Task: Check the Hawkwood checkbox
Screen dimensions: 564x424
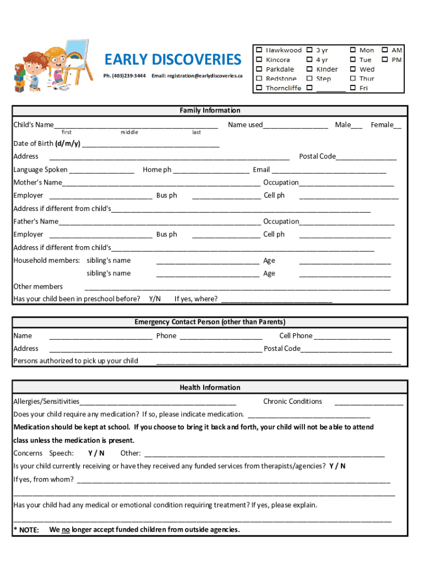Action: tap(258, 50)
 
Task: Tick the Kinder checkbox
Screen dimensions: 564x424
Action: tap(309, 69)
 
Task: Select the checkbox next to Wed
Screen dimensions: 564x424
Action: tap(352, 69)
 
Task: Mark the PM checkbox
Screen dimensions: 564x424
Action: tap(385, 59)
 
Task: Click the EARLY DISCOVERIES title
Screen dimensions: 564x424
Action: tap(172, 59)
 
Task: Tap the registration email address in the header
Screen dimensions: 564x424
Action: tap(197, 75)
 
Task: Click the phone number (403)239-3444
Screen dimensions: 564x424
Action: tap(124, 75)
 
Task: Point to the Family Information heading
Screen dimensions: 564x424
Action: tap(210, 111)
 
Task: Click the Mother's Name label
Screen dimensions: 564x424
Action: tap(37, 182)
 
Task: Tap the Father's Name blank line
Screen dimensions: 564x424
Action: tap(160, 222)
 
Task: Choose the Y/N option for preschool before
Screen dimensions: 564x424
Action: tap(155, 299)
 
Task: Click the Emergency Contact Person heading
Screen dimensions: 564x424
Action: tap(210, 322)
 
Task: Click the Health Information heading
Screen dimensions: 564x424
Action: tap(210, 388)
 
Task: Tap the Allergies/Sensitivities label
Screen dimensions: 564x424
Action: tap(46, 402)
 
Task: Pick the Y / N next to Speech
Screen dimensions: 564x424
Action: tap(96, 453)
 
